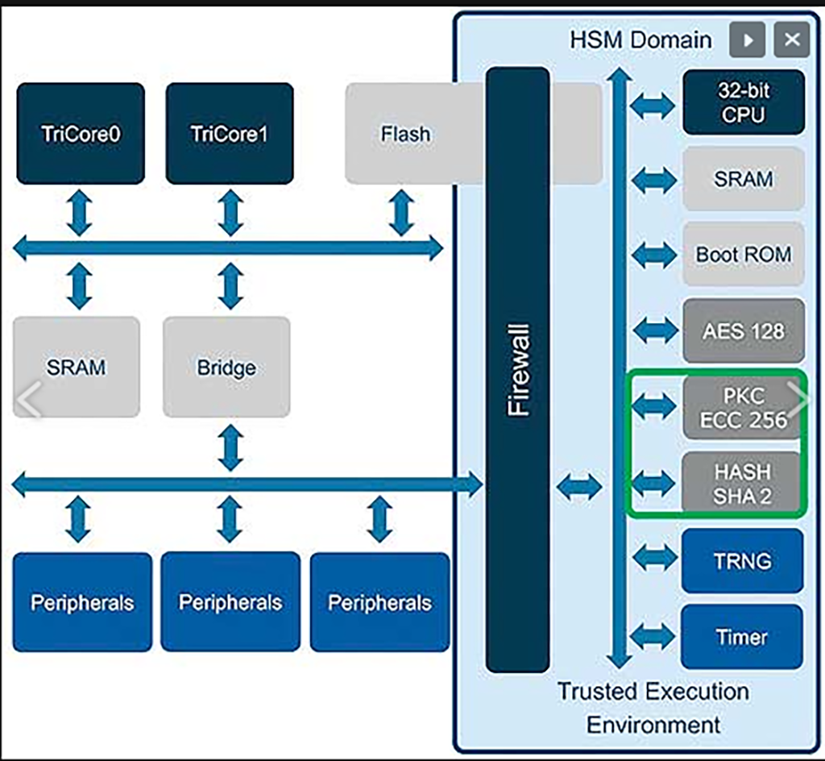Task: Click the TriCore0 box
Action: point(81,133)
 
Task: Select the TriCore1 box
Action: point(230,133)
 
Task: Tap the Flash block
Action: point(405,134)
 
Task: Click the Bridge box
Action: point(226,367)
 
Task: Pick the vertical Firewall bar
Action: point(518,369)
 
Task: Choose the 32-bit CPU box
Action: point(743,102)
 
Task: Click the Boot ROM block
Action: point(743,254)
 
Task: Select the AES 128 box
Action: point(743,331)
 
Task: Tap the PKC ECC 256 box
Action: point(743,407)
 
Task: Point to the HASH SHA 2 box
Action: point(743,483)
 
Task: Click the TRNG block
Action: point(743,560)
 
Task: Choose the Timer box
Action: point(743,637)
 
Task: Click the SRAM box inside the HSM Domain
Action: point(743,178)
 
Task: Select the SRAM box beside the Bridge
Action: point(77,367)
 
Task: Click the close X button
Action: point(791,40)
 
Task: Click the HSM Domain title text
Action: point(641,40)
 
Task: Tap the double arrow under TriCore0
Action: point(79,214)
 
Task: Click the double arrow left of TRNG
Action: point(654,558)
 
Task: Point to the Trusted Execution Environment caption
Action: point(653,707)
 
